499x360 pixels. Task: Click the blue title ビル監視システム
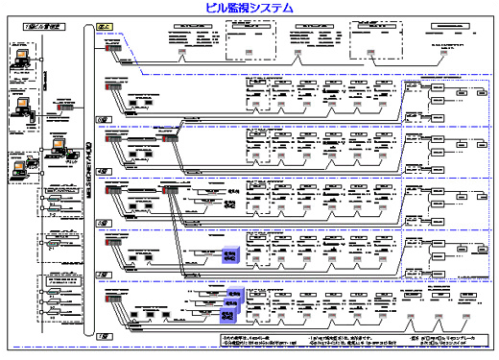(249, 8)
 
